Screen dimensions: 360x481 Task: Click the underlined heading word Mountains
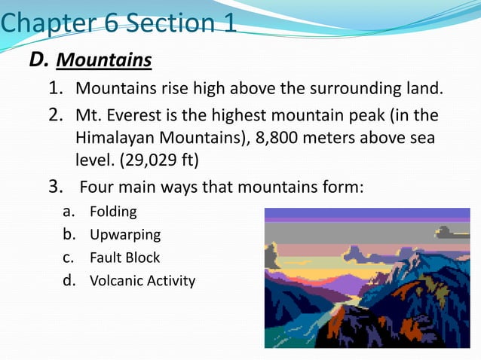(x=104, y=59)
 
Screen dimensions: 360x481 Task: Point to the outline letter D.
(x=38, y=59)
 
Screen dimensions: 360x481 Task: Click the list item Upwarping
(x=125, y=234)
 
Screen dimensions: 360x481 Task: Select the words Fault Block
(x=124, y=258)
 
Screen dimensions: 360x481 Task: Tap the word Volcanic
(x=117, y=281)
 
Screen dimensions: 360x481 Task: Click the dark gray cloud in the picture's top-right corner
(x=452, y=233)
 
